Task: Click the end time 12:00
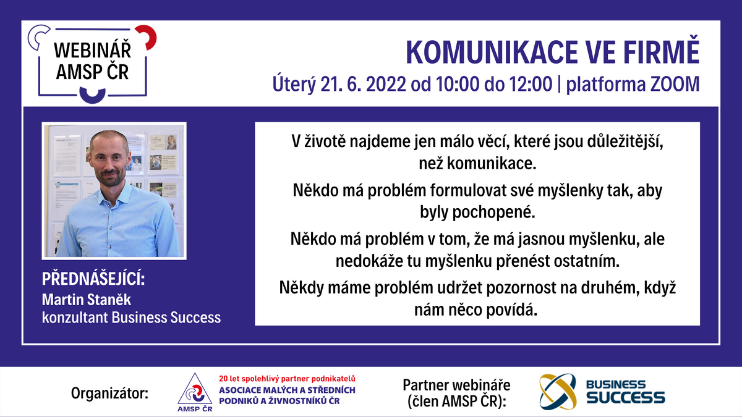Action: click(531, 84)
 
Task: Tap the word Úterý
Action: click(294, 84)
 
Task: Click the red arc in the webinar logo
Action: click(147, 36)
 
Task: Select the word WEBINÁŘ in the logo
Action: click(92, 51)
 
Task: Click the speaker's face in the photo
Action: click(109, 159)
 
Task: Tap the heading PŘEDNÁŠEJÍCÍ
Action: click(93, 279)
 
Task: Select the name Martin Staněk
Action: click(87, 300)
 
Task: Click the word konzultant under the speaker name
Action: click(75, 318)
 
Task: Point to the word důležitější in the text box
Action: click(625, 142)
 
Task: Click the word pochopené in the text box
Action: click(494, 213)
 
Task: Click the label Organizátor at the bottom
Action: click(109, 394)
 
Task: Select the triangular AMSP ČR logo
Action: click(195, 392)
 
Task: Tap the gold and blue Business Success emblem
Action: click(558, 392)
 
